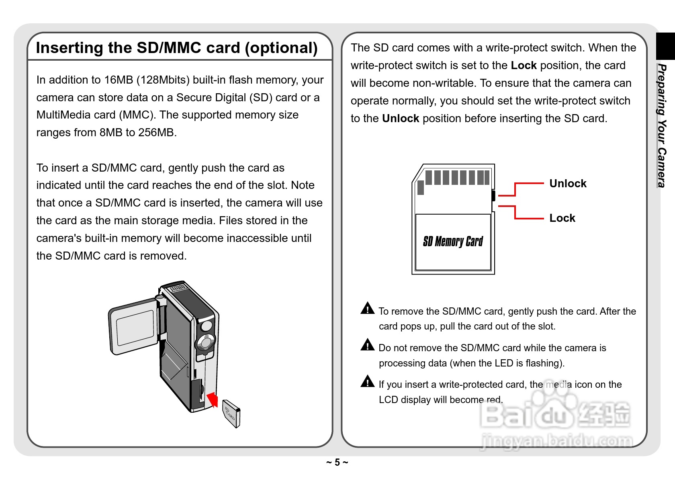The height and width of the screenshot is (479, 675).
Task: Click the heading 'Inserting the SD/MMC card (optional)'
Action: pyautogui.click(x=177, y=48)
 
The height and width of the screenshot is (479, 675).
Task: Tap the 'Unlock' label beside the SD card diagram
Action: pyautogui.click(x=568, y=184)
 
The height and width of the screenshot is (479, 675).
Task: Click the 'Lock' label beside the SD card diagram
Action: pyautogui.click(x=562, y=218)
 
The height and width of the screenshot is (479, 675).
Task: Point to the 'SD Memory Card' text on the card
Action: pyautogui.click(x=453, y=242)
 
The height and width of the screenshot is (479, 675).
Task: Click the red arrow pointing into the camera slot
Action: pyautogui.click(x=213, y=399)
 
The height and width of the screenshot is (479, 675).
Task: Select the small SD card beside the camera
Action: pyautogui.click(x=231, y=413)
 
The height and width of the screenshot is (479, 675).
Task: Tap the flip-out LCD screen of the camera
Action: pyautogui.click(x=134, y=326)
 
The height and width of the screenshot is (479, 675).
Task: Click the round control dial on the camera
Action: pyautogui.click(x=206, y=342)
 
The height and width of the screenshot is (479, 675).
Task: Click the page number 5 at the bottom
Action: pyautogui.click(x=337, y=463)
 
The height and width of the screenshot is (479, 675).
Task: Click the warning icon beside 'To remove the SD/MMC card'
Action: pyautogui.click(x=367, y=308)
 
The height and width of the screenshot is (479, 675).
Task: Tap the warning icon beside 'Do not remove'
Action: pyautogui.click(x=367, y=345)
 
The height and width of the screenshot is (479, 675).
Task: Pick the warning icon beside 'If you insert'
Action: pyautogui.click(x=367, y=381)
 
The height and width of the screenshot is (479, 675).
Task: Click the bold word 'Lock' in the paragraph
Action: pyautogui.click(x=524, y=66)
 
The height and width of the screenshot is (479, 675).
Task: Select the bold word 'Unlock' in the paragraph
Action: pyautogui.click(x=401, y=119)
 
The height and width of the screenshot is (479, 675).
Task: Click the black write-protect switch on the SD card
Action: pyautogui.click(x=493, y=196)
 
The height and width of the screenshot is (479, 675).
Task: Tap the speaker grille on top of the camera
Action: pyautogui.click(x=177, y=288)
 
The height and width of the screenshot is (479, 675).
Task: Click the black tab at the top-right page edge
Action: pyautogui.click(x=665, y=46)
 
